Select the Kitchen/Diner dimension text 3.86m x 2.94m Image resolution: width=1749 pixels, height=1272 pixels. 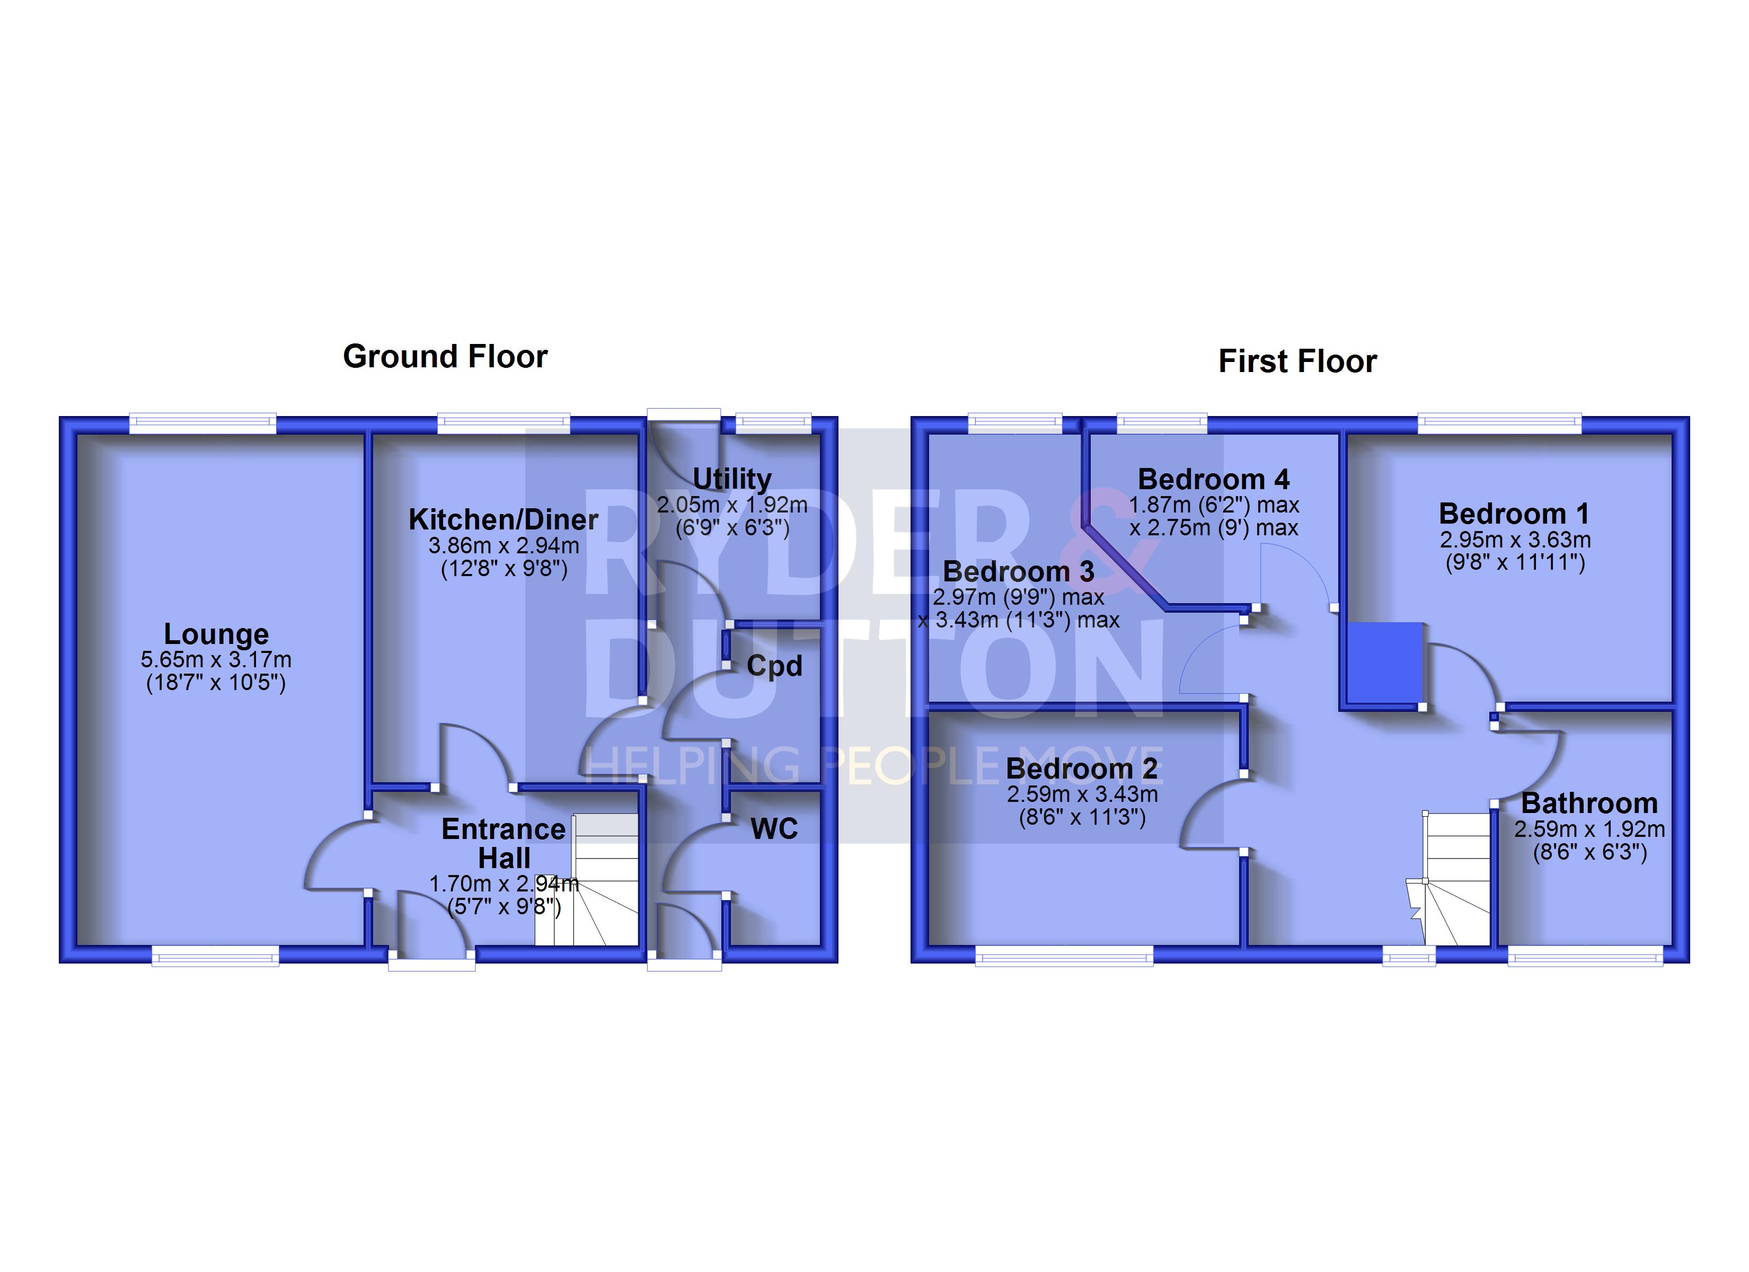(x=503, y=546)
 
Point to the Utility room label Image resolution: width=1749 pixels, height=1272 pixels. (x=732, y=479)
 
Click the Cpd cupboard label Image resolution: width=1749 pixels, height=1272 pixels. (x=774, y=666)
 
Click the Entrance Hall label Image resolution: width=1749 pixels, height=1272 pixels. (x=503, y=843)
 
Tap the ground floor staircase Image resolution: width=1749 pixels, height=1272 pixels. (x=587, y=879)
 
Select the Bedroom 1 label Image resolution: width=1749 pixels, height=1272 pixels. (x=1514, y=514)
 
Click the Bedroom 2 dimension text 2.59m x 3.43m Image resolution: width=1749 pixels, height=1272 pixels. (x=1082, y=794)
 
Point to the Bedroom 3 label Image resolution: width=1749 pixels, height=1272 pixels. (x=1018, y=571)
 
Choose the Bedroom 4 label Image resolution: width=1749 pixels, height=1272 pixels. (x=1213, y=480)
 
